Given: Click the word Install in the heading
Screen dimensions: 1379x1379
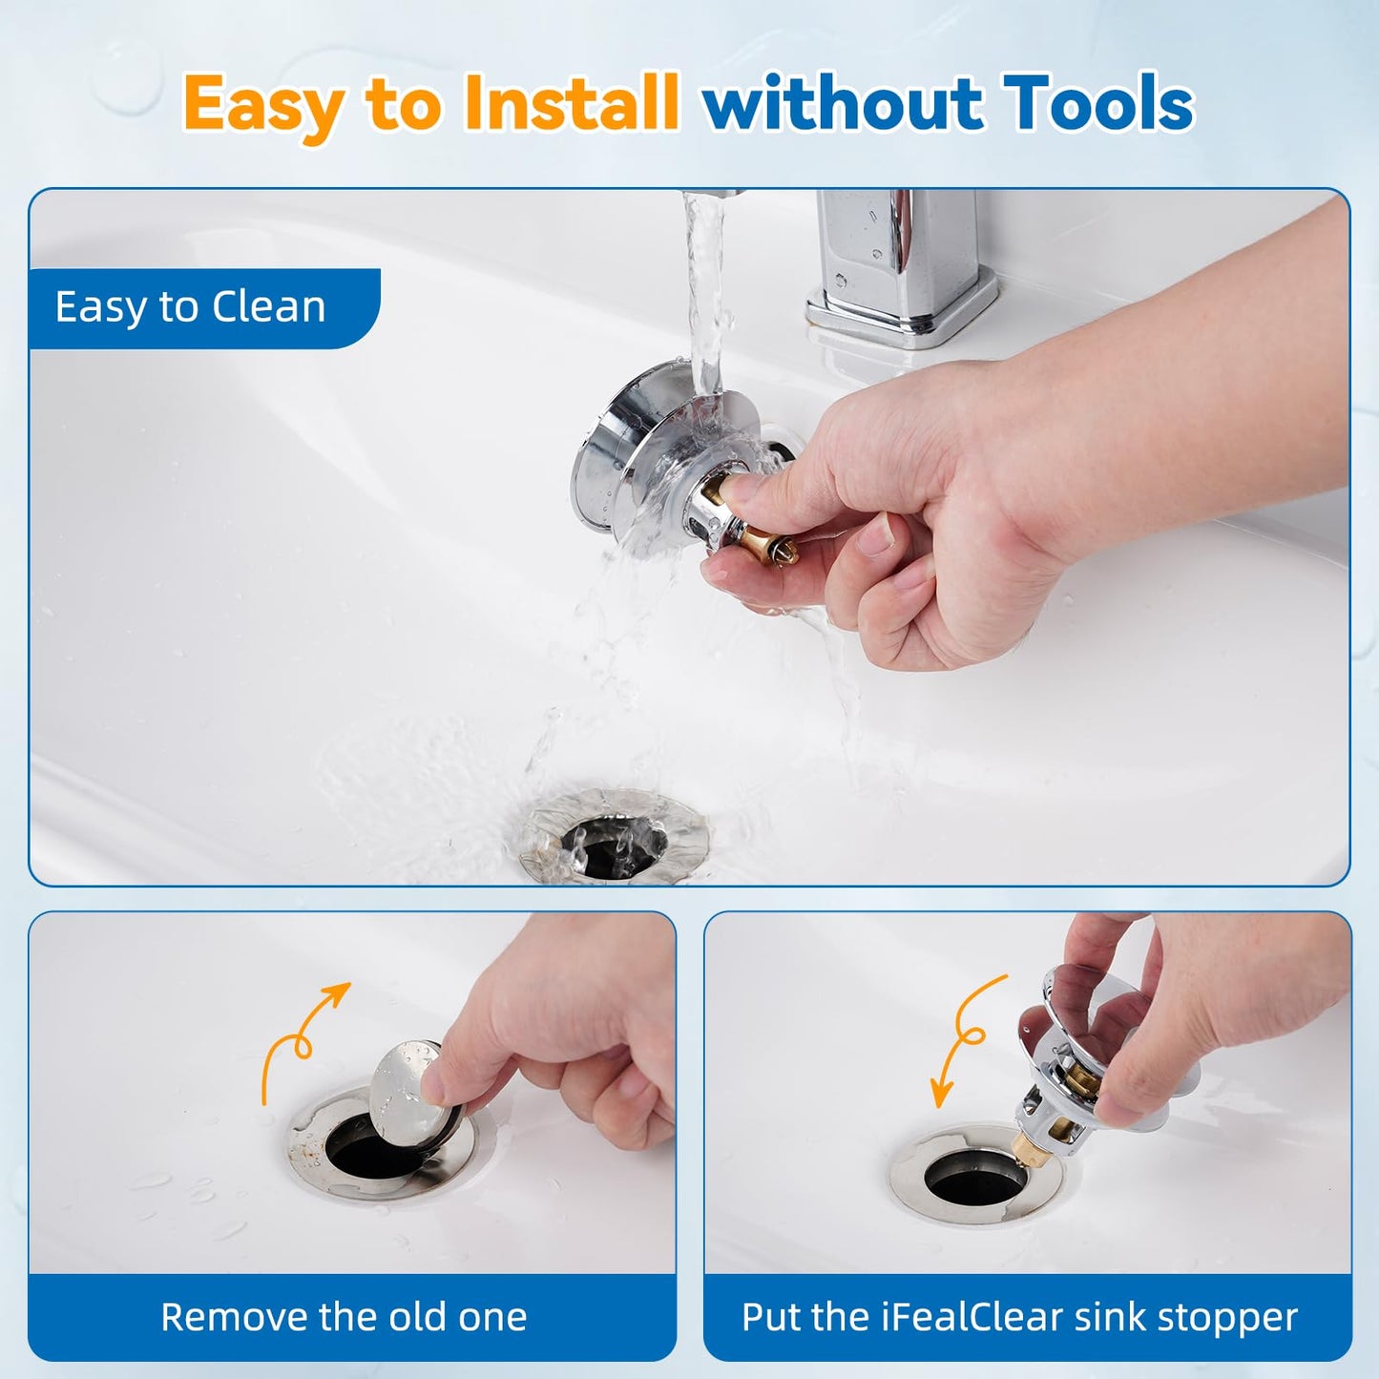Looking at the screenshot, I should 571,103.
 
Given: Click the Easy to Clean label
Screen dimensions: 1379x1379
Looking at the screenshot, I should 191,307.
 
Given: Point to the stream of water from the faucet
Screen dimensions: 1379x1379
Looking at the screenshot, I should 704,286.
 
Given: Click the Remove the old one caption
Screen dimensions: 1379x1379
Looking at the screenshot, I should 344,1317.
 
